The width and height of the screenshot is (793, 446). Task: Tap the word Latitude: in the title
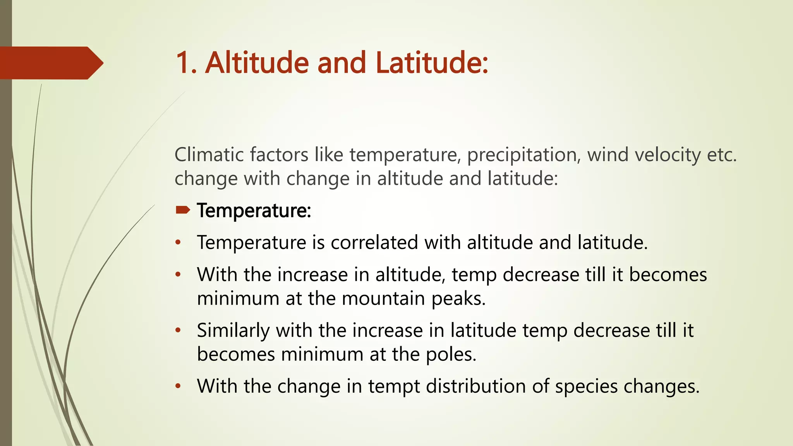tap(431, 63)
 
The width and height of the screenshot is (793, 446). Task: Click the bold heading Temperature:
tap(254, 211)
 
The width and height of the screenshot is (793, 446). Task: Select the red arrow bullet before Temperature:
tap(182, 210)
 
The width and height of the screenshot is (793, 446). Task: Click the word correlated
tap(374, 242)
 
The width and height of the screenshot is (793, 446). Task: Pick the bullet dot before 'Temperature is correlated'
tap(178, 243)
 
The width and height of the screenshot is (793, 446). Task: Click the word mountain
tap(383, 298)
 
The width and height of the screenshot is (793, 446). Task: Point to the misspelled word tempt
tap(393, 386)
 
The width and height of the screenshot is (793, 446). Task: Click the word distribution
tap(475, 386)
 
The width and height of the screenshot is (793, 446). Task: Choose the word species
tap(586, 386)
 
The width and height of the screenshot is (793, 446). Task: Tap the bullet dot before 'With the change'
tap(178, 386)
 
